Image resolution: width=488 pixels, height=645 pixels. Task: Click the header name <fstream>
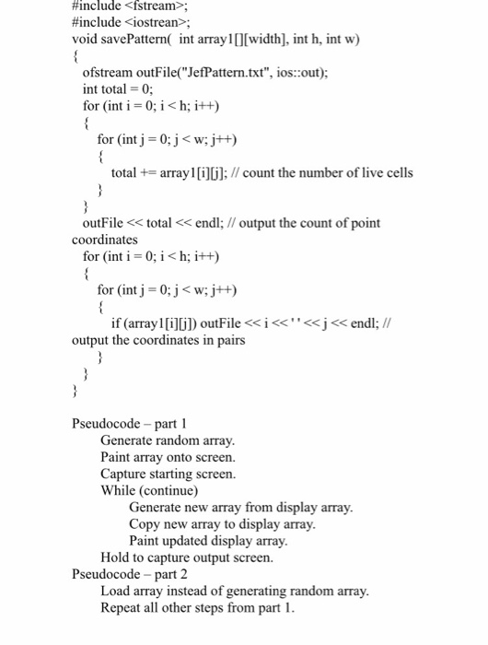pyautogui.click(x=162, y=6)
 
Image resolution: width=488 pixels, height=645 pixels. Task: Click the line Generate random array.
pyautogui.click(x=168, y=440)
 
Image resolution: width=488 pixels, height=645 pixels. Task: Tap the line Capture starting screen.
pyautogui.click(x=168, y=474)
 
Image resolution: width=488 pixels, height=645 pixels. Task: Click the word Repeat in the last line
pyautogui.click(x=121, y=607)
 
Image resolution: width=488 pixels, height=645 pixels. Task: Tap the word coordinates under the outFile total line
pyautogui.click(x=105, y=240)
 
